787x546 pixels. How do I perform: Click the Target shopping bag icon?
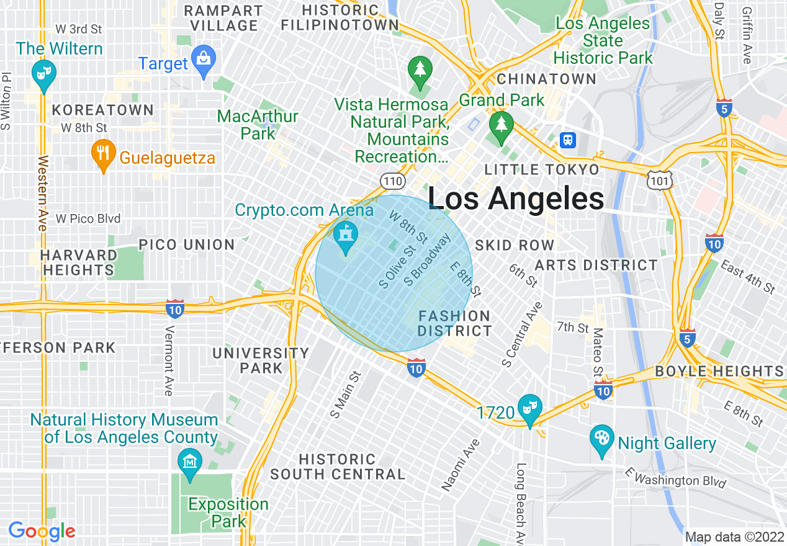[x=203, y=61]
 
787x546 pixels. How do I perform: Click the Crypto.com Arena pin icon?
[x=345, y=237]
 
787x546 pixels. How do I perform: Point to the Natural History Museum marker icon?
[x=190, y=463]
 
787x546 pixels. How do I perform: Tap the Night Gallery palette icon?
[x=601, y=439]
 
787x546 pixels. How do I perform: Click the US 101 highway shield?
[x=658, y=181]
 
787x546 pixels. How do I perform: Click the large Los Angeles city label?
[x=516, y=199]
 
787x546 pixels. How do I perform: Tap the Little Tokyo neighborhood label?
[x=542, y=170]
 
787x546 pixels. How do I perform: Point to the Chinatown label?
[x=546, y=79]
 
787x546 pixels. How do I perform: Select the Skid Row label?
[x=515, y=245]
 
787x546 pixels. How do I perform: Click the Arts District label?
[x=596, y=266]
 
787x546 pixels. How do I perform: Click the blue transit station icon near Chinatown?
[x=567, y=140]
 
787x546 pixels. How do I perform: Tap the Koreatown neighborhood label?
[x=103, y=110]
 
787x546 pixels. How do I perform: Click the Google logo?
[x=42, y=531]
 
